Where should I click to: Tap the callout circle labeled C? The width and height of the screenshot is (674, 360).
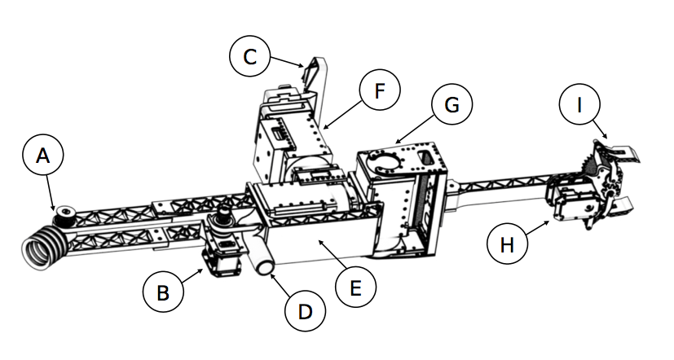coord(250,56)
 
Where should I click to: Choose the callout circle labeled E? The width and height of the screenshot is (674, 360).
coord(355,288)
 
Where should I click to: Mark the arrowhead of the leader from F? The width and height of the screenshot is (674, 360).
coord(324,128)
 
